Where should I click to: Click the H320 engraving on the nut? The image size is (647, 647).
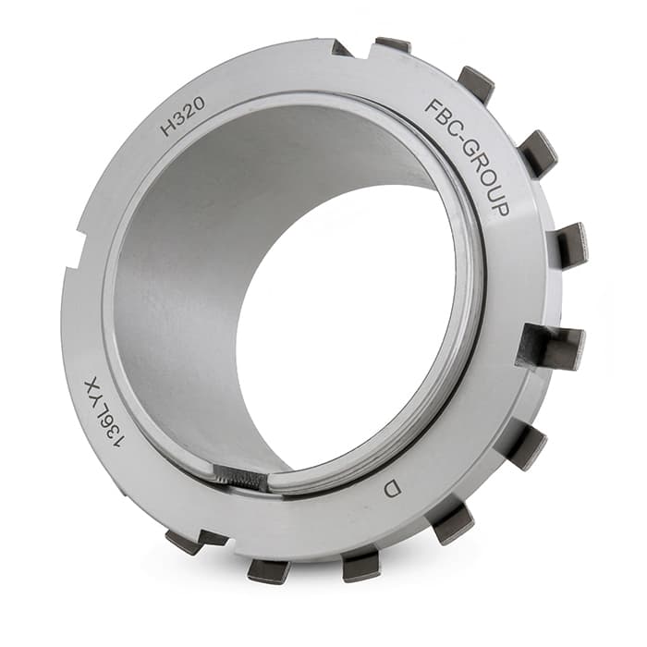pyautogui.click(x=182, y=117)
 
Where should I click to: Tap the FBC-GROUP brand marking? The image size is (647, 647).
pyautogui.click(x=467, y=158)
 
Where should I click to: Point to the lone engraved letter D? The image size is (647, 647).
pyautogui.click(x=393, y=489)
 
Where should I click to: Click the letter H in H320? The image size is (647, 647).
pyautogui.click(x=167, y=128)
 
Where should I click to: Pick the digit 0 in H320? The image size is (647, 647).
pyautogui.click(x=199, y=105)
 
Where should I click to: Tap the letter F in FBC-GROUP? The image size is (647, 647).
pyautogui.click(x=433, y=107)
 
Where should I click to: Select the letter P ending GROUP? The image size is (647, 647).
pyautogui.click(x=500, y=209)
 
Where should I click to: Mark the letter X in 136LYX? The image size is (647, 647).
pyautogui.click(x=92, y=385)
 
